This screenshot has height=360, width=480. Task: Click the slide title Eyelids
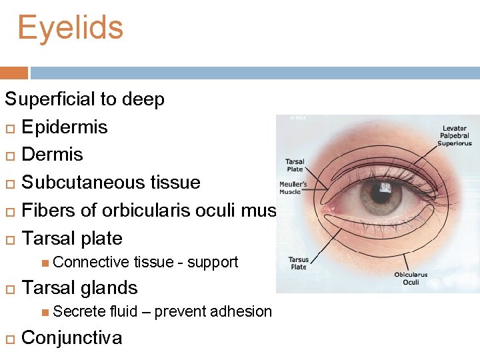coord(70,29)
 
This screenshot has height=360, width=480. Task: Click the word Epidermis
coord(65,127)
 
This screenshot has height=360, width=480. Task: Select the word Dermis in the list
coord(53,155)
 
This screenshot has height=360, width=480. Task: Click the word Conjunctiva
coord(72,337)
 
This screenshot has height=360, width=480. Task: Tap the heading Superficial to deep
coord(85,99)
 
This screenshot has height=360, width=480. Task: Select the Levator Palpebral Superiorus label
coord(454,135)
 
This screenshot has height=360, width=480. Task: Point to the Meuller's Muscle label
coord(293,188)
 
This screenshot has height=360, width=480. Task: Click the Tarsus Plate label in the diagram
coord(298,263)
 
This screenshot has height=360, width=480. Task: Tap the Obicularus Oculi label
coord(411,279)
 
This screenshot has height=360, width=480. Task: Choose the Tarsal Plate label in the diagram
coord(294,165)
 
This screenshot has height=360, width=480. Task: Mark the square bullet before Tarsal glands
coord(10,289)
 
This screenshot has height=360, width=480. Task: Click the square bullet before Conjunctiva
coord(10,338)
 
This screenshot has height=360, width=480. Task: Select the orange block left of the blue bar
coord(14,73)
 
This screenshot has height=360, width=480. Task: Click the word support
coord(213,262)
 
